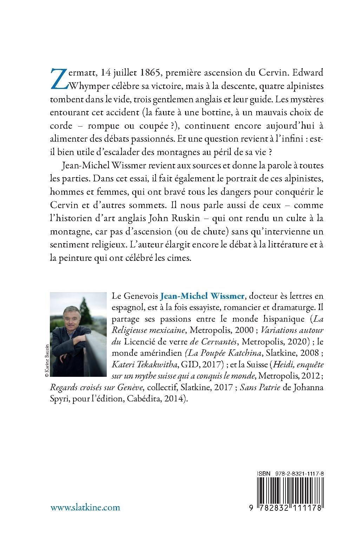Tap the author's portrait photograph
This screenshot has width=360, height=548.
coord(78,334)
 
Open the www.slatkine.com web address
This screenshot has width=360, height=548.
coord(85,507)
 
